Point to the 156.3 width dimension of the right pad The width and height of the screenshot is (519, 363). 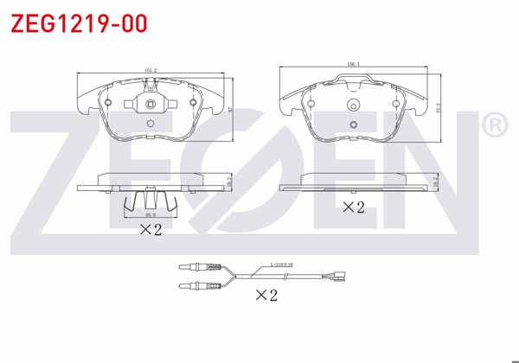pos(353,65)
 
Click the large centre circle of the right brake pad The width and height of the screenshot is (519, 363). pos(353,107)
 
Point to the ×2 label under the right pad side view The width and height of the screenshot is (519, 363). pos(353,207)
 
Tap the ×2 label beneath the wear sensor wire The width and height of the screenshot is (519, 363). pos(266,295)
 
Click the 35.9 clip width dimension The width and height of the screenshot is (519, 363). pos(150,214)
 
